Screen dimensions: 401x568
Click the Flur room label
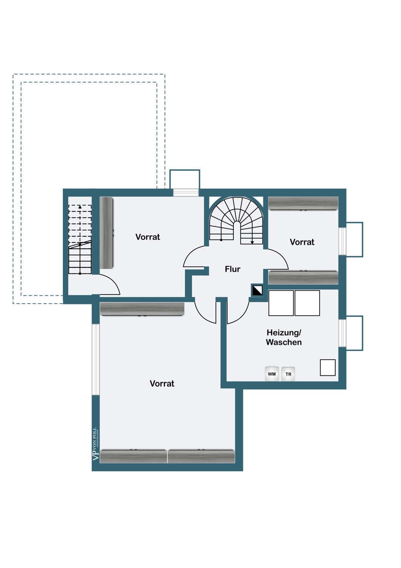(232, 269)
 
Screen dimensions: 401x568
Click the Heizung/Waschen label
(284, 337)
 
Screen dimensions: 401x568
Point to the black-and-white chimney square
(257, 290)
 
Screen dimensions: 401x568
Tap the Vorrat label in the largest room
(162, 383)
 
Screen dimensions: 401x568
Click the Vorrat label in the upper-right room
(302, 242)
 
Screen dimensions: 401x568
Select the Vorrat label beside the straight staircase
(148, 237)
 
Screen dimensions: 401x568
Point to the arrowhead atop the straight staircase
(80, 207)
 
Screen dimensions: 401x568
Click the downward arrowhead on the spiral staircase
(252, 243)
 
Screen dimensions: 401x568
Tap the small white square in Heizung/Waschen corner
(328, 367)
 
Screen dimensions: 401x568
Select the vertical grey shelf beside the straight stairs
(106, 233)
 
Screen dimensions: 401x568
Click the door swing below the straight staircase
(109, 285)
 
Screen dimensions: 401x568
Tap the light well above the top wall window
(185, 179)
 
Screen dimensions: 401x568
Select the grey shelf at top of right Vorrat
(303, 203)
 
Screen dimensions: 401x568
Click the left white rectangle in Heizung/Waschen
(281, 303)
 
